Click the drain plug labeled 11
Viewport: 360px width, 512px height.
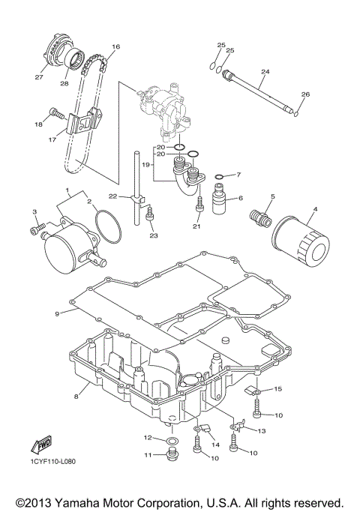coord(172,456)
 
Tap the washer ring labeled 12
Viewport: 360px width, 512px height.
coord(172,439)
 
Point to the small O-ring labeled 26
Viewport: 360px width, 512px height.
coord(298,114)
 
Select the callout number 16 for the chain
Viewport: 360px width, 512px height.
coord(115,46)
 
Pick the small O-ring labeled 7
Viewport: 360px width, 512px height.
coord(219,177)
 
